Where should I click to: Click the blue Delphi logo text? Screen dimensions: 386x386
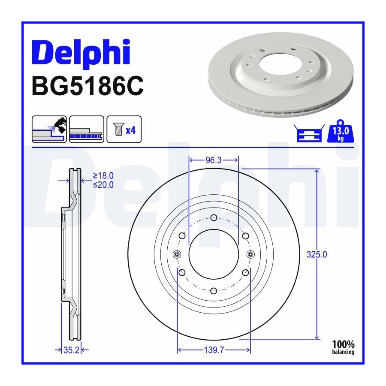(81, 54)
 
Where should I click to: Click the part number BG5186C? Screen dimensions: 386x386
(87, 86)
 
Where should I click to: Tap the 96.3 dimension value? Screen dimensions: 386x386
(214, 160)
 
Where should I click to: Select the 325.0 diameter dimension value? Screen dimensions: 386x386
(317, 254)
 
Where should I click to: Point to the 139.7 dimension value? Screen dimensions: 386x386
(214, 350)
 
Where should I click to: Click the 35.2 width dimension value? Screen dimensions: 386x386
(71, 350)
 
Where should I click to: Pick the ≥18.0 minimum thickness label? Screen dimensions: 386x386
(103, 176)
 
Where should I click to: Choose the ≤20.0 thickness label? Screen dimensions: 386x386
(103, 184)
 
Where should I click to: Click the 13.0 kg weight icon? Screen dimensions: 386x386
(341, 132)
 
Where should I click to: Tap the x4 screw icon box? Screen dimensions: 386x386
(124, 129)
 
